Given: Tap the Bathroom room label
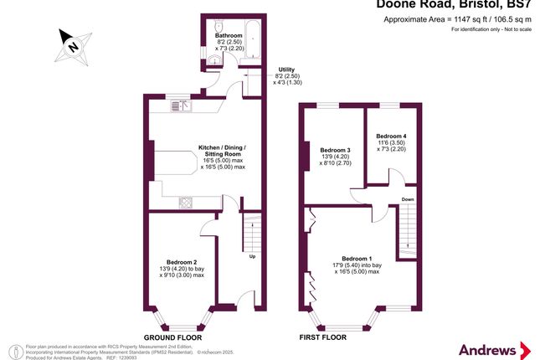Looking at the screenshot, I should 229,36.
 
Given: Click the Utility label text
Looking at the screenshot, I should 286,69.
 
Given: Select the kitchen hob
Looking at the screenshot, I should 185,202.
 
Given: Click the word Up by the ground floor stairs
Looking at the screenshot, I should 252,256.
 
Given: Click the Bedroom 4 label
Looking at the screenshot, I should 391,136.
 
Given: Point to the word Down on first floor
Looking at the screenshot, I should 408,199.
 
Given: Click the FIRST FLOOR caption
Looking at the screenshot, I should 323,338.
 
